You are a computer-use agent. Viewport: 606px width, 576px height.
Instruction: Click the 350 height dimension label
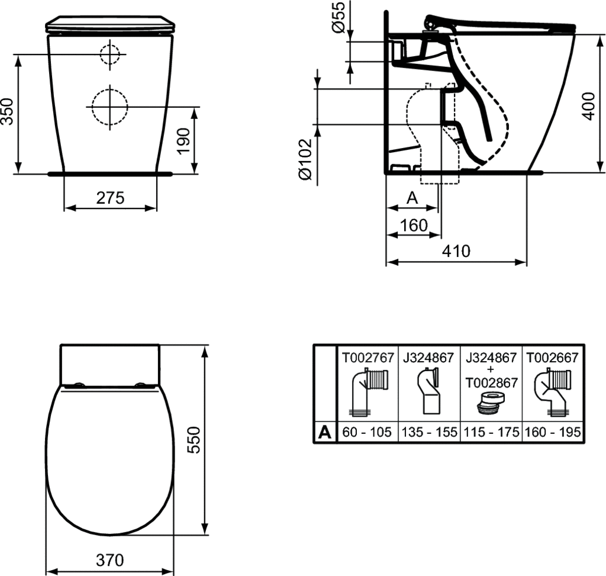click(8, 111)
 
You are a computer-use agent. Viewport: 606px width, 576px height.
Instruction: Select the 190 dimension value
click(184, 141)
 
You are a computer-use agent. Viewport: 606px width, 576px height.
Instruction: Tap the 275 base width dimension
click(110, 198)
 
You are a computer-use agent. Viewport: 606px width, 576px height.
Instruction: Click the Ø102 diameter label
click(305, 159)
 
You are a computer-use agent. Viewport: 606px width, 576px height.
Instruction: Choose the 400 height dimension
click(588, 107)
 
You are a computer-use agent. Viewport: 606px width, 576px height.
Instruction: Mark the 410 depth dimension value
click(456, 251)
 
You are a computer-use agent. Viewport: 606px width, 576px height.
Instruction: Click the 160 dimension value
click(414, 225)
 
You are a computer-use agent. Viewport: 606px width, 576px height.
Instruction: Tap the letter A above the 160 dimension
click(412, 198)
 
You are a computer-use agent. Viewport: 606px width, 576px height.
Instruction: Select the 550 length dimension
click(194, 440)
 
